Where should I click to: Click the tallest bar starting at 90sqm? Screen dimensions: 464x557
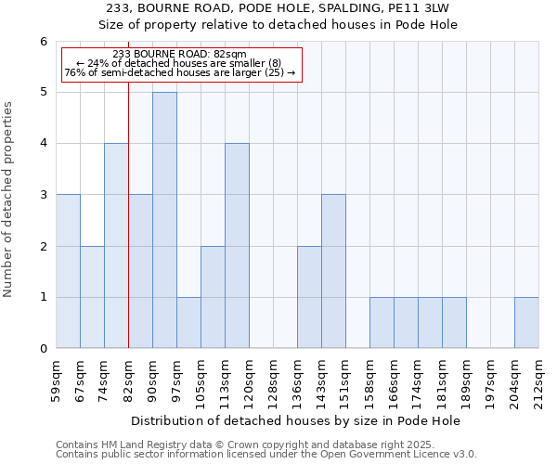point(164,220)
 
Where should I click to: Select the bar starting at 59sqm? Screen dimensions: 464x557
point(68,271)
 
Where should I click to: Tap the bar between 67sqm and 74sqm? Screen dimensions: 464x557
point(92,297)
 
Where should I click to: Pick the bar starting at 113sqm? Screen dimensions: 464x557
point(237,246)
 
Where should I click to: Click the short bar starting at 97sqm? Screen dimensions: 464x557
point(188,323)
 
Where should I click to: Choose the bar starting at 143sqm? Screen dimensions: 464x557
point(333,271)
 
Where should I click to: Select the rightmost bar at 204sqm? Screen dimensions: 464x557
point(526,323)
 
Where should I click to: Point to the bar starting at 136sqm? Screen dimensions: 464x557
point(309,297)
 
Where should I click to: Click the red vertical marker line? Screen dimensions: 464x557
point(128,232)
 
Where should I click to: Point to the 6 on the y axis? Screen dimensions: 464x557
point(43,42)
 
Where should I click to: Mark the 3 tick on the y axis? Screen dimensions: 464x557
point(43,195)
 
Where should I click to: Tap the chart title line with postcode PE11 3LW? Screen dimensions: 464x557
point(278,8)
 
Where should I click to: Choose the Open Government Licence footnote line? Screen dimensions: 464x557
point(266,455)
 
